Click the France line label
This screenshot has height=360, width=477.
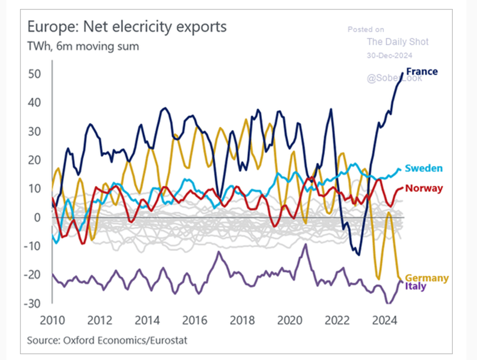click(x=422, y=71)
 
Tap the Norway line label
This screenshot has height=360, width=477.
click(x=424, y=188)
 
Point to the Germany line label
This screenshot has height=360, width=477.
click(x=427, y=278)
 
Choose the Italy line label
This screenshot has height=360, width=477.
click(x=415, y=287)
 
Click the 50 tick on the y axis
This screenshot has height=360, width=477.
click(x=34, y=74)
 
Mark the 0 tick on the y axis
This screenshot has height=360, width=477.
click(x=37, y=217)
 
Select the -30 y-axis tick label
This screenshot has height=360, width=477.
click(x=33, y=304)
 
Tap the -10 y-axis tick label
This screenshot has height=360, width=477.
click(x=33, y=246)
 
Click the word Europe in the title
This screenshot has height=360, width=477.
click(x=49, y=27)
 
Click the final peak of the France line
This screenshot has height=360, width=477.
click(x=403, y=73)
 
